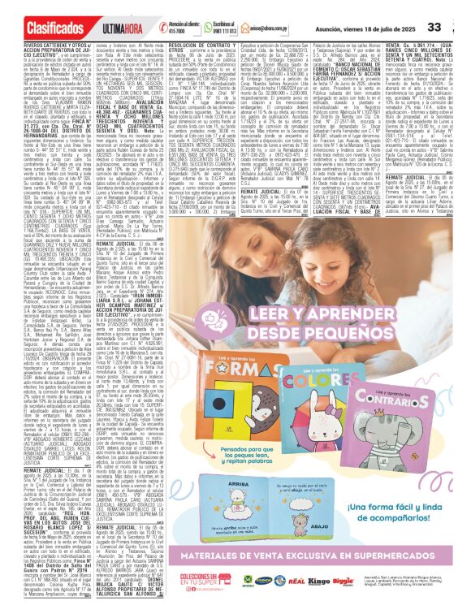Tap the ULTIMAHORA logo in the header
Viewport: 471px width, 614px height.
coord(100,28)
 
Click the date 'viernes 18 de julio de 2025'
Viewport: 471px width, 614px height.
coord(400,27)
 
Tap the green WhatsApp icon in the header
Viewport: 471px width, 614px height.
coord(200,27)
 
